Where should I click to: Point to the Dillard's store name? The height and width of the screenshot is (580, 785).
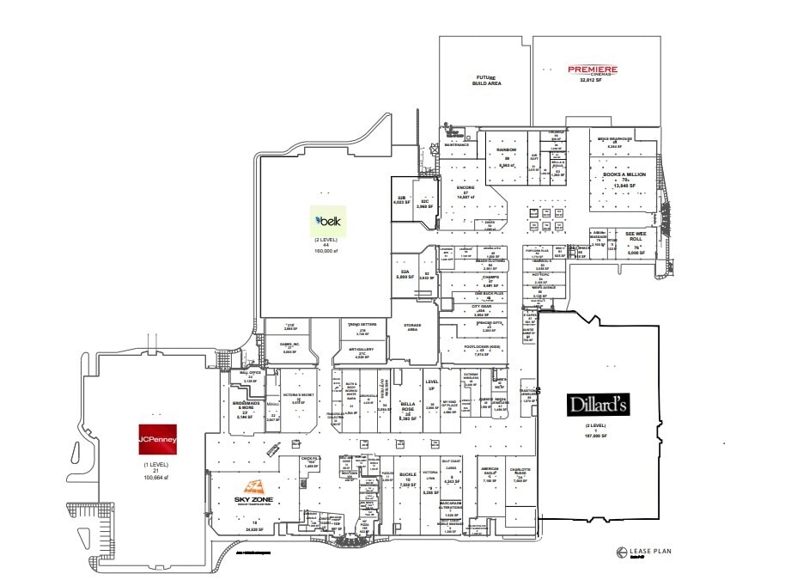coord(598,404)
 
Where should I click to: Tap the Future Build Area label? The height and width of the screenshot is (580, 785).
coord(486,82)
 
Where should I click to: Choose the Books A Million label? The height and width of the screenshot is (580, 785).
coord(624,174)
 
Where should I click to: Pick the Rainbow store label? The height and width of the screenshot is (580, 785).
coord(507,150)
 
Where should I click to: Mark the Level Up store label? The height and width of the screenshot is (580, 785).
coord(432,386)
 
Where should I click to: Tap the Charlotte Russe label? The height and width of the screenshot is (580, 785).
coord(521,472)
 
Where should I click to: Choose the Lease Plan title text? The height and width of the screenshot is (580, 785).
coord(643,552)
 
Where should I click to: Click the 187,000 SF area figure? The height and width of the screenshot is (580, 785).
coord(597,437)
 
